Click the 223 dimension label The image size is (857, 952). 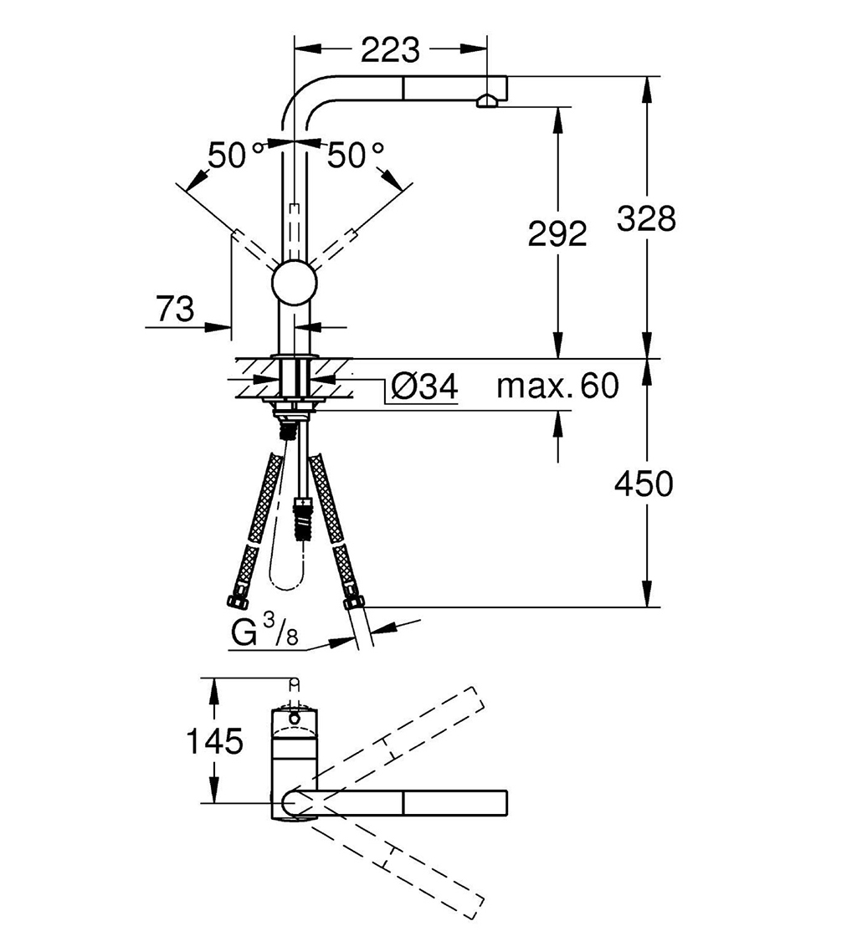pyautogui.click(x=390, y=50)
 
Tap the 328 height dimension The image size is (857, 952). pyautogui.click(x=646, y=218)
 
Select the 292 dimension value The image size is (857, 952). pyautogui.click(x=557, y=233)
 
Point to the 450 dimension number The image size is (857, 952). pyautogui.click(x=644, y=484)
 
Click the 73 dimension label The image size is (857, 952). pyautogui.click(x=176, y=309)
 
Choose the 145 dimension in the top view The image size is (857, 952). pyautogui.click(x=214, y=740)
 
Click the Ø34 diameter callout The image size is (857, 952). pyautogui.click(x=424, y=386)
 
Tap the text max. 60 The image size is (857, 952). pyautogui.click(x=557, y=386)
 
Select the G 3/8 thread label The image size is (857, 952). pyautogui.click(x=264, y=631)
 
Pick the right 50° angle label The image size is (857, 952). pyautogui.click(x=356, y=156)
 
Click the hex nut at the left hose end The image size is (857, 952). pyautogui.click(x=237, y=601)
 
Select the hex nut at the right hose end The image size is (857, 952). pyautogui.click(x=353, y=603)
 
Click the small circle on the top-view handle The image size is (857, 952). pyautogui.click(x=295, y=719)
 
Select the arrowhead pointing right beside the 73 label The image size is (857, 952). pyautogui.click(x=218, y=326)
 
